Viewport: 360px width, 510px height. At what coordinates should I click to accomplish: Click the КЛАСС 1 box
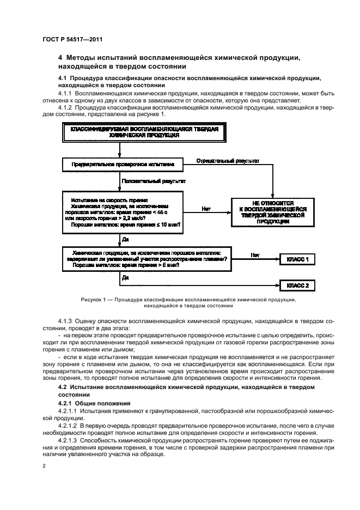pos(297,260)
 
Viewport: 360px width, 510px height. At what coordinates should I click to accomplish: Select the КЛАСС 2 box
pos(297,285)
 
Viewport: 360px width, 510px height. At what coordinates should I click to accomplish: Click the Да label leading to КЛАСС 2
pos(125,277)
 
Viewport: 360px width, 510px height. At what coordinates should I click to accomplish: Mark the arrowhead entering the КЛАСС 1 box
pos(277,260)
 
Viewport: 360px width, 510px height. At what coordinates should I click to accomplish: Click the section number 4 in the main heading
pos(60,57)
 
